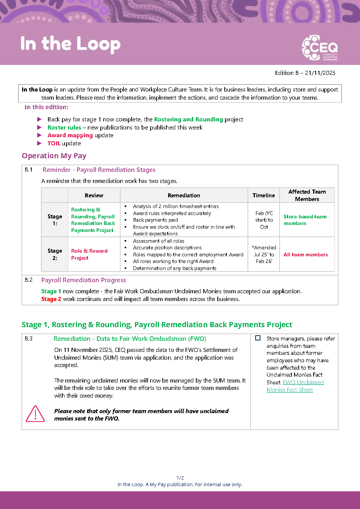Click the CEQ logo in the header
tap(319, 48)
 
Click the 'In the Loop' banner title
tap(70, 44)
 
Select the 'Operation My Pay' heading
tap(54, 156)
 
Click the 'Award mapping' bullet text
tap(70, 135)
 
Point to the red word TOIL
tap(54, 143)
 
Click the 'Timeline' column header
tap(264, 195)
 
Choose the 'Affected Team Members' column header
tap(307, 195)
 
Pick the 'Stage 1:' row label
tap(55, 220)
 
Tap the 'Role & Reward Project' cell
tap(89, 254)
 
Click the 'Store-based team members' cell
tap(305, 220)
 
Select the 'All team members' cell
tap(305, 254)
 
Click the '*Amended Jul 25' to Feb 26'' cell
tap(264, 254)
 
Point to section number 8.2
tap(29, 280)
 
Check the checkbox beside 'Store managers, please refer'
tap(258, 338)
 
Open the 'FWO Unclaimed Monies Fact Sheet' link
tap(295, 386)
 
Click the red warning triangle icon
tap(35, 414)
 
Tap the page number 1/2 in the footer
tap(180, 478)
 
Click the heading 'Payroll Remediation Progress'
tap(83, 280)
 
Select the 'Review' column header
tap(94, 195)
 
